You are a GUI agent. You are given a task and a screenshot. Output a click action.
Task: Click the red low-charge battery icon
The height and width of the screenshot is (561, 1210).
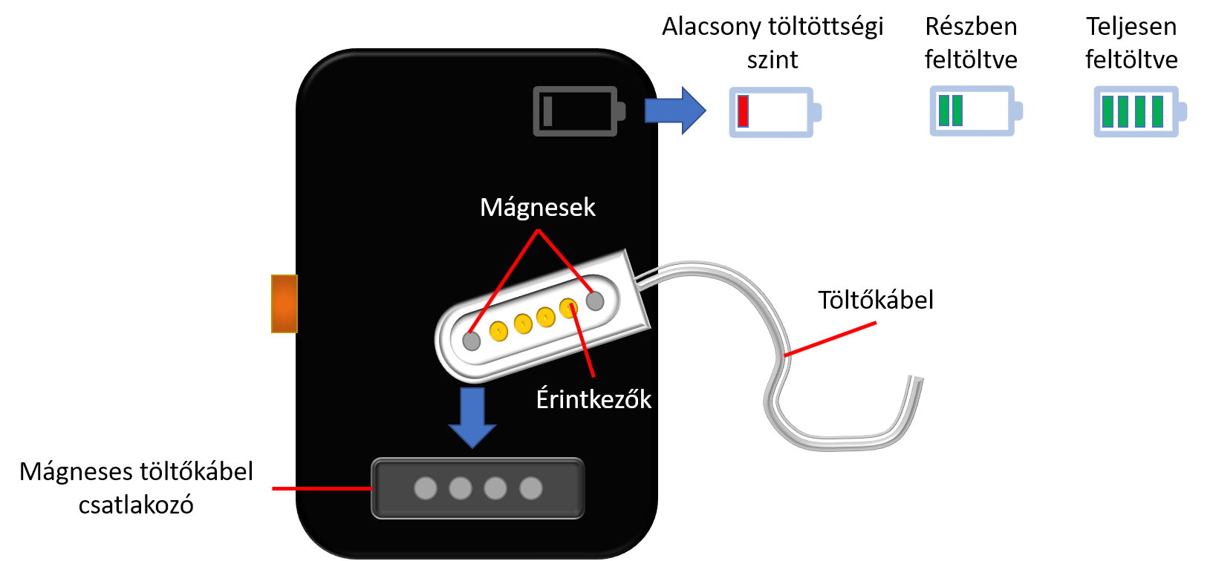tap(775, 112)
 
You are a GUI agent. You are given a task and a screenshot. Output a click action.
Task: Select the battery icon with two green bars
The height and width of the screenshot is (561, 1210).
tap(976, 111)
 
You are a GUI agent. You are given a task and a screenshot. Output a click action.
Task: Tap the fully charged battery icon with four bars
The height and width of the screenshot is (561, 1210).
tap(1140, 111)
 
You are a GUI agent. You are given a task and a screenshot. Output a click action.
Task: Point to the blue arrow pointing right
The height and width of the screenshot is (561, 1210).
tap(675, 111)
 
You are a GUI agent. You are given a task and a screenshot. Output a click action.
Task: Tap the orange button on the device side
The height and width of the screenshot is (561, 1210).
tap(284, 304)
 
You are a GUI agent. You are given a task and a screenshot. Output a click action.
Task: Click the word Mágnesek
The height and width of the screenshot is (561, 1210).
tap(538, 208)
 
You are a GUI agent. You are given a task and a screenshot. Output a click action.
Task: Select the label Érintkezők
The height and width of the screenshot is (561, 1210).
tap(593, 400)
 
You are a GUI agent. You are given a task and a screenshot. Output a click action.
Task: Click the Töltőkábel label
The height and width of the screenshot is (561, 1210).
tap(876, 300)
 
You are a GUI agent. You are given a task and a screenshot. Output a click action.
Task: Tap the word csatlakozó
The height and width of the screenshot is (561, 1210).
tap(136, 505)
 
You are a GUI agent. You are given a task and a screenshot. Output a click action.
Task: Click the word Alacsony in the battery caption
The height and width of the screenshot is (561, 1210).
tap(708, 27)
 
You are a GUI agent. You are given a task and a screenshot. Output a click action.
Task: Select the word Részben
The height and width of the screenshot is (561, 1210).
tap(972, 27)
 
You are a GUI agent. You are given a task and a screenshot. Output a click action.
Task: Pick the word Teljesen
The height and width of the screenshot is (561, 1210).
tap(1132, 27)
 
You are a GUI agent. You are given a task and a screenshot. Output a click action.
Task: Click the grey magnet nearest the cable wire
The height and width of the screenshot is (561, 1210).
tap(595, 301)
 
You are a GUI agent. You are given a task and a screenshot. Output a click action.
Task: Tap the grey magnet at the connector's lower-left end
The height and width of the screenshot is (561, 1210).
tap(472, 341)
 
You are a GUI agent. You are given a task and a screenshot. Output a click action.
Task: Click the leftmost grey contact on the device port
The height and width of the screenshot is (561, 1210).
tap(426, 488)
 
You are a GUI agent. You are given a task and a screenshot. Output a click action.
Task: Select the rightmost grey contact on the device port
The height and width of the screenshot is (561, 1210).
tap(531, 488)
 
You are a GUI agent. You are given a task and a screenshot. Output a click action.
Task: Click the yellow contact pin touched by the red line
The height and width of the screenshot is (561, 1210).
tap(568, 308)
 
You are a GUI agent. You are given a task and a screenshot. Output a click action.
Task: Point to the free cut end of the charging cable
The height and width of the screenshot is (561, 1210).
tap(917, 378)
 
